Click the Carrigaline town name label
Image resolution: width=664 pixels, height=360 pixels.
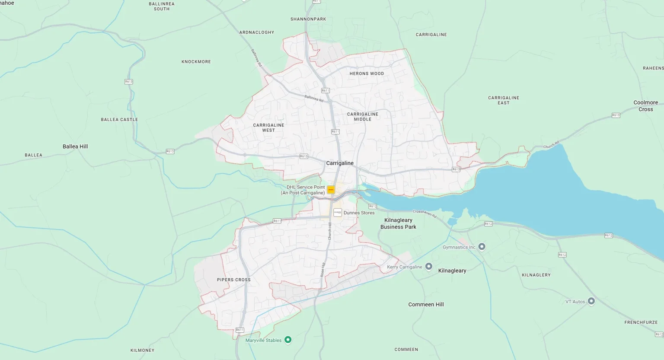340,163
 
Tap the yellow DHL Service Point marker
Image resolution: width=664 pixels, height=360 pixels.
331,190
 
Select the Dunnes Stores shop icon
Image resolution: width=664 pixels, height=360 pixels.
338,213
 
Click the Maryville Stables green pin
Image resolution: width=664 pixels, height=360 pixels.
288,340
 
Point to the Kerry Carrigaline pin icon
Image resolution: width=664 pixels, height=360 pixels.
429,267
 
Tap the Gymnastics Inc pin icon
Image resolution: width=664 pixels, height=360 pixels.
482,247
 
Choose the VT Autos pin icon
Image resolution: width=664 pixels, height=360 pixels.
591,301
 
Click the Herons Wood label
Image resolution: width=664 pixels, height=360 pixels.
367,73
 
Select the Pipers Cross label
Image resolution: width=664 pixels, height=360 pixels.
234,280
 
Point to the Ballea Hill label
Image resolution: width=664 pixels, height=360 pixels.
75,147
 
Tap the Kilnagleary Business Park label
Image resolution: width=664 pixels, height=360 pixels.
398,223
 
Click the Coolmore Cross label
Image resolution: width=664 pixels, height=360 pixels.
645,106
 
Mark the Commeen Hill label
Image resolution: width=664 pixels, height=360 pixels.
426,305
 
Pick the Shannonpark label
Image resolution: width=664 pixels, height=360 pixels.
308,19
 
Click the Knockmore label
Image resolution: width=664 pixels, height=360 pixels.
196,62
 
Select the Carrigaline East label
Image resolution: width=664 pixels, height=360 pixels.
504,100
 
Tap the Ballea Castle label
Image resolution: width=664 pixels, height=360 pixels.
119,120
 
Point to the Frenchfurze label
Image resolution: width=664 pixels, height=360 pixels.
641,322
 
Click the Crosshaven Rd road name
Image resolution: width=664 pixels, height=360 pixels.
425,213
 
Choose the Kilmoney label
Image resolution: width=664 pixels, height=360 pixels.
142,350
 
